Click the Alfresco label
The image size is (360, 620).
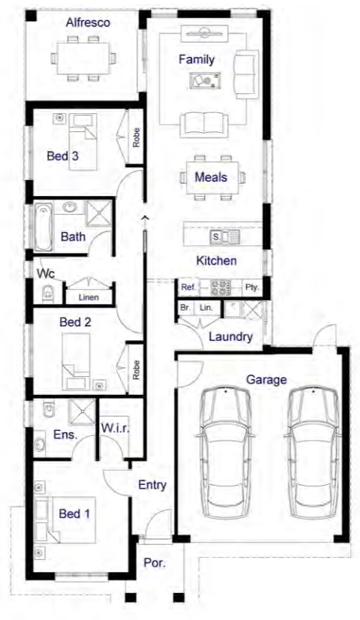tap(88, 23)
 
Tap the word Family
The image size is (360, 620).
tap(196, 60)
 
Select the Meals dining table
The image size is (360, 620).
tap(212, 178)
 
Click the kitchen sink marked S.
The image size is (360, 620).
tap(224, 237)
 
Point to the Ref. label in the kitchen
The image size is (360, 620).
tap(188, 287)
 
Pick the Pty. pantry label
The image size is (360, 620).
tap(252, 287)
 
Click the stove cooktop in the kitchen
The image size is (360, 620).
tap(220, 287)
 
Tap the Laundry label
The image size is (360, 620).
tap(230, 337)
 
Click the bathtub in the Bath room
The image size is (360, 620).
tap(43, 227)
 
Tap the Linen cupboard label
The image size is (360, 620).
tap(88, 297)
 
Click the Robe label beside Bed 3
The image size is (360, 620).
tap(136, 137)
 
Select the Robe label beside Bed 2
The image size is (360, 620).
tap(136, 370)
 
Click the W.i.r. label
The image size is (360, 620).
tap(115, 428)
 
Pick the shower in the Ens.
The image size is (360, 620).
tap(82, 412)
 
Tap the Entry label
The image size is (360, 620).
tap(152, 485)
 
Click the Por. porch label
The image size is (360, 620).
tap(154, 563)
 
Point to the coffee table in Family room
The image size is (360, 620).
tap(205, 80)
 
